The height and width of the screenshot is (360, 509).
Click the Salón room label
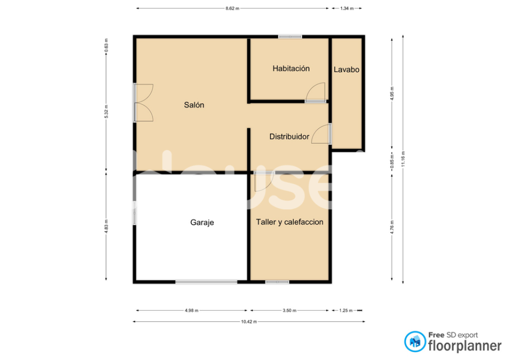[194, 105]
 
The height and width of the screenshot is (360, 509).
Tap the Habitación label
[291, 69]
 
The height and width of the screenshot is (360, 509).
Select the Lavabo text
[346, 70]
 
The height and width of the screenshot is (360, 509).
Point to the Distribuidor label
[289, 137]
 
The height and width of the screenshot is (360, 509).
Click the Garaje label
[202, 222]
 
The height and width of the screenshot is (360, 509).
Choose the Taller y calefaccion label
[290, 222]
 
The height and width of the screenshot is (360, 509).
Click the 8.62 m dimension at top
[233, 8]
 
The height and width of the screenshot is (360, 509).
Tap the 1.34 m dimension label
[346, 8]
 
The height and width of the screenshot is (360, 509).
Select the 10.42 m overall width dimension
[249, 322]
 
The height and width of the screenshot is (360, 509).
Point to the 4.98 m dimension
[191, 311]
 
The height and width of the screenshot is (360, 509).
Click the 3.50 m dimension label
[290, 311]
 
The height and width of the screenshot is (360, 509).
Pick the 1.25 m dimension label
[346, 311]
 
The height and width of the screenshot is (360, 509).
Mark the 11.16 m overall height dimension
[403, 159]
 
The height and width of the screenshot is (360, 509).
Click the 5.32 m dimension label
[106, 111]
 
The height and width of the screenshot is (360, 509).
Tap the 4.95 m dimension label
[392, 93]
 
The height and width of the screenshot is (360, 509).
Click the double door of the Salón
[144, 102]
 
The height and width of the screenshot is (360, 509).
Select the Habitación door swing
[315, 92]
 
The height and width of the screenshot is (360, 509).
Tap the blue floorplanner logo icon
[415, 342]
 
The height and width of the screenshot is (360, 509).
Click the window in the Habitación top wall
[290, 37]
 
